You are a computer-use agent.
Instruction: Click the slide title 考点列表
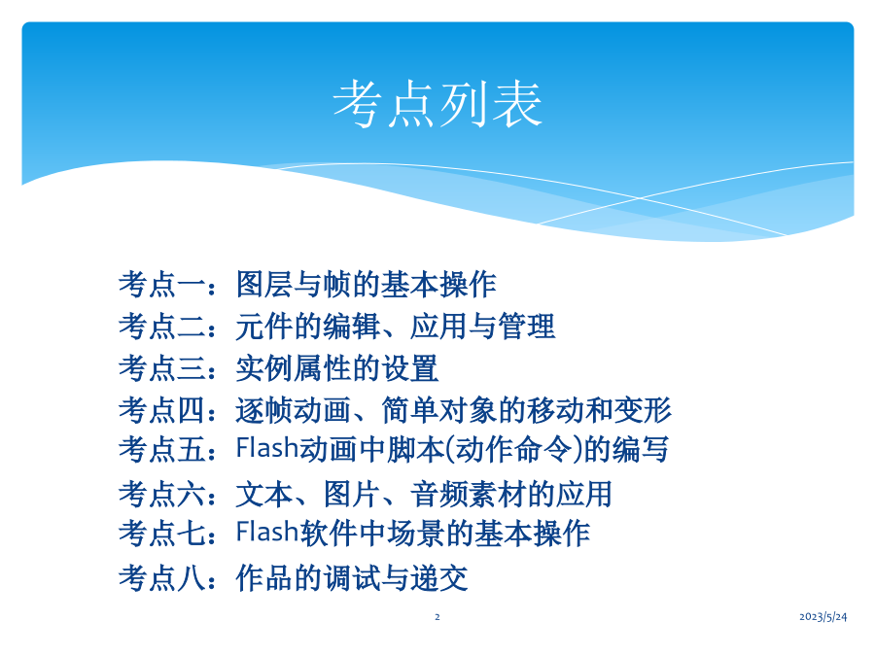click(x=437, y=104)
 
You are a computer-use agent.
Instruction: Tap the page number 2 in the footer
click(x=437, y=617)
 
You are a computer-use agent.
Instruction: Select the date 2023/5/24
click(x=823, y=616)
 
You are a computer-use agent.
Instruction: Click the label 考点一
click(x=162, y=285)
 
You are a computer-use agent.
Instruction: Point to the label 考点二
click(x=162, y=327)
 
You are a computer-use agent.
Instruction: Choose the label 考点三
click(x=162, y=368)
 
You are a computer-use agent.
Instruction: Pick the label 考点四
click(x=162, y=410)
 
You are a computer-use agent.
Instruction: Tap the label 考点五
click(x=162, y=449)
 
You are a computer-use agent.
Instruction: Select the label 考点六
click(x=162, y=495)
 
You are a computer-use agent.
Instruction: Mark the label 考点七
click(x=162, y=534)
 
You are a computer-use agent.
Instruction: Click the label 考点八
click(x=162, y=578)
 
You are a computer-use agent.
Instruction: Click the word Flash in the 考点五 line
click(x=267, y=448)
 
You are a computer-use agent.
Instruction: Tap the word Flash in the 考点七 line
click(x=267, y=532)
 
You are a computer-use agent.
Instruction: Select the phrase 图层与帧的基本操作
click(x=367, y=285)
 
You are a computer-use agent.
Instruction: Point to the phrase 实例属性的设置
click(x=337, y=368)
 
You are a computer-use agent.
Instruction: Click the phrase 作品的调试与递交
click(x=352, y=578)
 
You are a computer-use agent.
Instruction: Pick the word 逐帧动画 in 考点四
click(x=294, y=410)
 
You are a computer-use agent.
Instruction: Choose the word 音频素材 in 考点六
click(x=469, y=495)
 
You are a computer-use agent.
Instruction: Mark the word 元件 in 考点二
click(x=264, y=327)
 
